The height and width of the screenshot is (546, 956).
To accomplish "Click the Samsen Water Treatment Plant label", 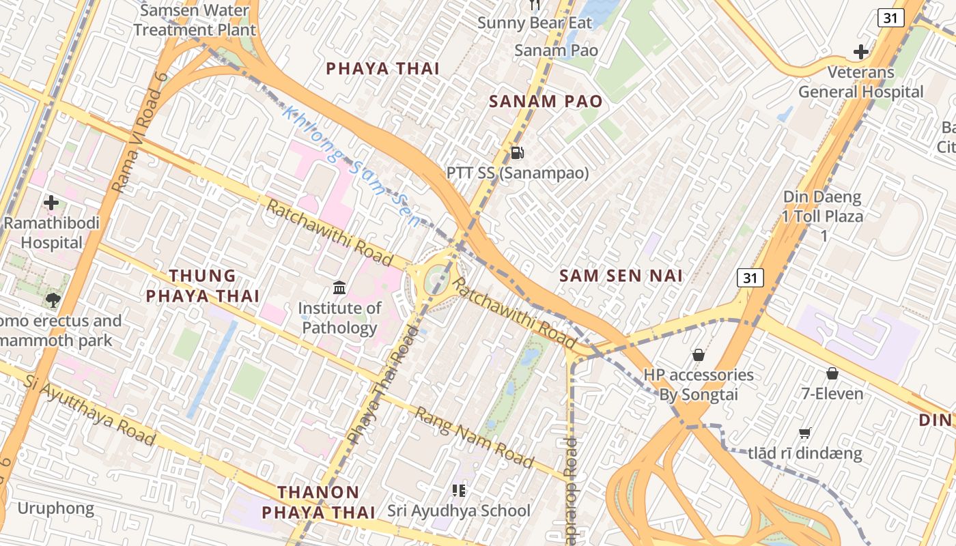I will pos(195,20).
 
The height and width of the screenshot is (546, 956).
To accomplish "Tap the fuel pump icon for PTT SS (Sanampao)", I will pos(518,153).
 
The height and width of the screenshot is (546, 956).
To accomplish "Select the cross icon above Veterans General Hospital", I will pos(861,51).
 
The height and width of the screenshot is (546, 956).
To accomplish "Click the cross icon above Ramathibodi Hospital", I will pos(51,203).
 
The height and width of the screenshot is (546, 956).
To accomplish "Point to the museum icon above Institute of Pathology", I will pos(339,287).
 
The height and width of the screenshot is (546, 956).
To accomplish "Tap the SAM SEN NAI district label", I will pos(621,276).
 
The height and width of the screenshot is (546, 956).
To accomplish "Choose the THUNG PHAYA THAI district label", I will pos(203,285).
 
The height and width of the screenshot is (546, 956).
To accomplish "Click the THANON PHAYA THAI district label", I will pos(318,502).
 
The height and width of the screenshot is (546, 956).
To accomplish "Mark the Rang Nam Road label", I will pos(475,437).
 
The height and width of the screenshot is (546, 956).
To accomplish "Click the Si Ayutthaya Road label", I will pos(89,409).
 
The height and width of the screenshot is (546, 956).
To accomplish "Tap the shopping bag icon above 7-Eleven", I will pos(832,373).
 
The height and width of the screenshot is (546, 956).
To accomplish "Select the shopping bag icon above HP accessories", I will pos(698,355).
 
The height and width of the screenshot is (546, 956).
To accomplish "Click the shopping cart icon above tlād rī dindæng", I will pos(804,433).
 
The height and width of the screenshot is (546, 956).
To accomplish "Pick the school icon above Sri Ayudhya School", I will pos(459,490).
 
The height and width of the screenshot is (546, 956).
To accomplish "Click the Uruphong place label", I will pos(55,508).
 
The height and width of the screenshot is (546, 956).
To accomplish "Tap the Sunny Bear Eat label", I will pos(535,23).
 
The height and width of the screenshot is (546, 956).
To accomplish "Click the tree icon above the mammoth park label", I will pos(53,300).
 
